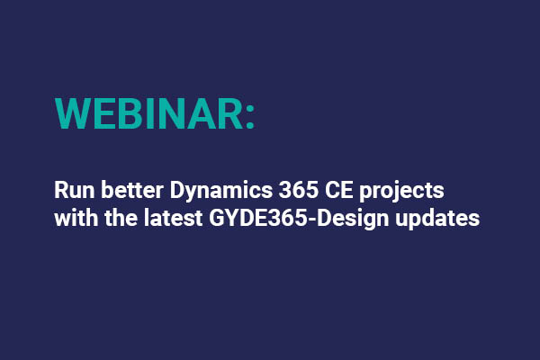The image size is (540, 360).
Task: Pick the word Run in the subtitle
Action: pyautogui.click(x=72, y=192)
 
